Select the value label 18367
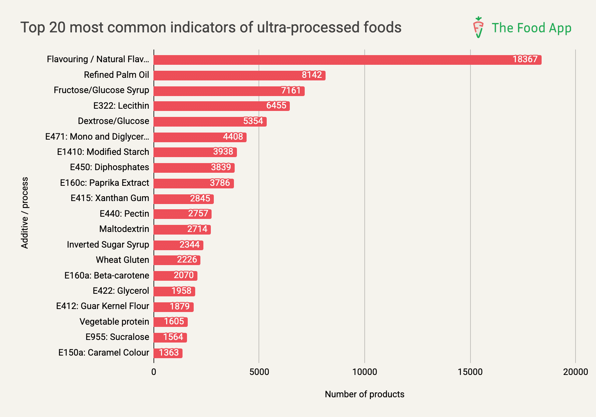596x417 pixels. [x=525, y=60]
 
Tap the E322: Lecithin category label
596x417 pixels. [x=121, y=106]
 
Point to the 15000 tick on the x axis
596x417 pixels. [x=470, y=372]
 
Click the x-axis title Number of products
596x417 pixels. [x=364, y=394]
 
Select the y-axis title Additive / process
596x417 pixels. [x=25, y=213]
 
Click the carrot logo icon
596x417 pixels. [x=478, y=27]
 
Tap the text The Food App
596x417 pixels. [x=531, y=28]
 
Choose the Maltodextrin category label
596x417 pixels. [x=124, y=229]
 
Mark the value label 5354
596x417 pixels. [x=253, y=121]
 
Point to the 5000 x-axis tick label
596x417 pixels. [x=259, y=372]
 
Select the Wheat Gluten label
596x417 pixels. [x=122, y=260]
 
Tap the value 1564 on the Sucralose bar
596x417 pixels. [x=173, y=337]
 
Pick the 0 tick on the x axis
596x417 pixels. [x=154, y=372]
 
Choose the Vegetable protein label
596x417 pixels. [x=114, y=322]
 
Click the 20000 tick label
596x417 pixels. [x=575, y=372]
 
